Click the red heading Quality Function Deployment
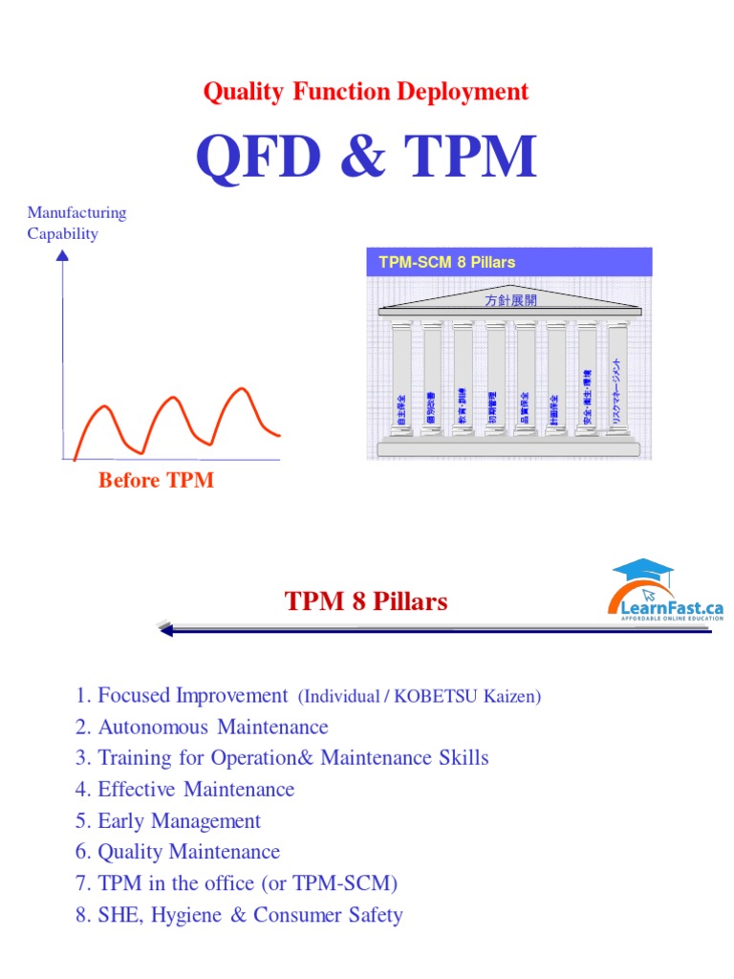(x=365, y=92)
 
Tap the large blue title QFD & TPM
(x=365, y=157)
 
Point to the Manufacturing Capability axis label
(x=76, y=223)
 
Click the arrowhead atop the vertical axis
(x=63, y=254)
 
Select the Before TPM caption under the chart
(x=156, y=480)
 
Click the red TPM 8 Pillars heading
(x=366, y=601)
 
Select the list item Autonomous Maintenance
(x=202, y=727)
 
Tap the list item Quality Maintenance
(x=178, y=852)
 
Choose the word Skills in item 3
(x=462, y=758)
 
